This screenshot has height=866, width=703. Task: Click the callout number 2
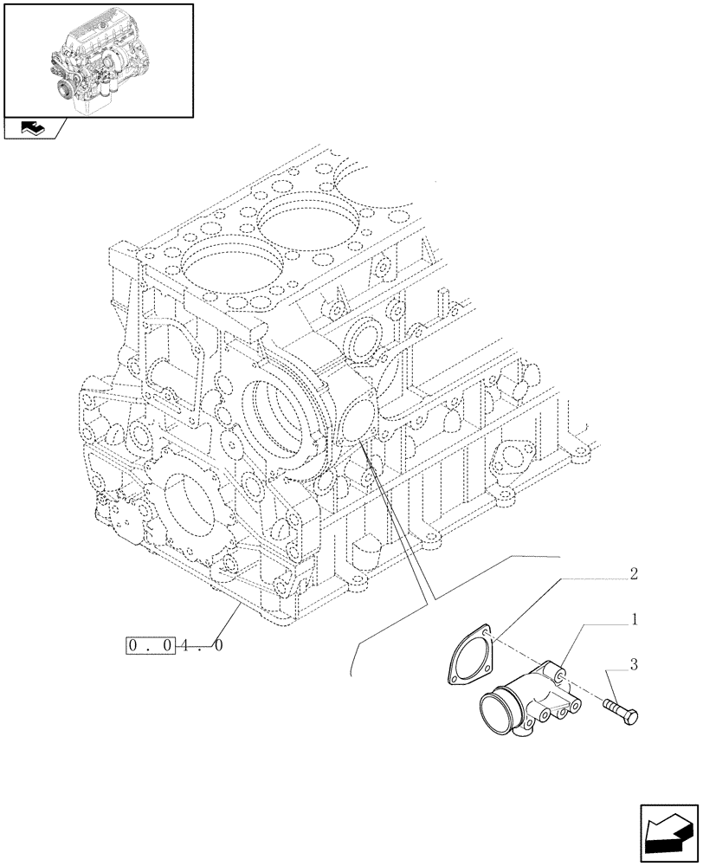(634, 574)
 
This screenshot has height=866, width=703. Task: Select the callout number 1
(634, 620)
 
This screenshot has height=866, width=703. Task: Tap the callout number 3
(634, 665)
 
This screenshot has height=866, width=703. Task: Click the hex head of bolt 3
(630, 717)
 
